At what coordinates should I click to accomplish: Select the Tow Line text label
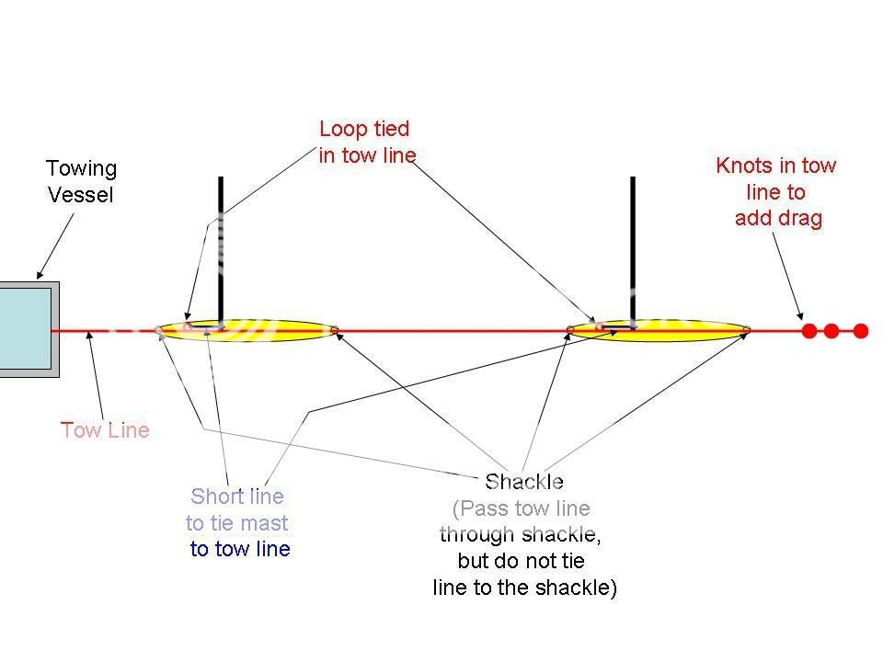pyautogui.click(x=105, y=430)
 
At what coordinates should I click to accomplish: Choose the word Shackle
pyautogui.click(x=523, y=482)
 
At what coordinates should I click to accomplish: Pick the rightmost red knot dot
pyautogui.click(x=860, y=331)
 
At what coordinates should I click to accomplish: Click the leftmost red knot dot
pyautogui.click(x=809, y=331)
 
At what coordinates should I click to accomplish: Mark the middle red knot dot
pyautogui.click(x=831, y=331)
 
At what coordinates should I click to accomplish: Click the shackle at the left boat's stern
pyautogui.click(x=335, y=329)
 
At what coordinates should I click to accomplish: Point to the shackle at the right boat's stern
pyautogui.click(x=747, y=329)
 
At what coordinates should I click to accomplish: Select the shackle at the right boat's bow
pyautogui.click(x=571, y=328)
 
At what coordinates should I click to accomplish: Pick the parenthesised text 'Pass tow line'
pyautogui.click(x=522, y=508)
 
